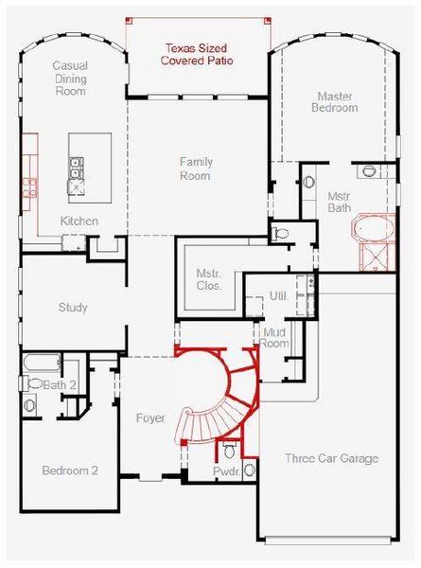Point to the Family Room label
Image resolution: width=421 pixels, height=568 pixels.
coord(196,169)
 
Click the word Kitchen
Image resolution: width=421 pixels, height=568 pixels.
coord(79,221)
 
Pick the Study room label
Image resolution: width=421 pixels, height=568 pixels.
coord(73,308)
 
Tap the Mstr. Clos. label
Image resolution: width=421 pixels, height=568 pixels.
coord(208,279)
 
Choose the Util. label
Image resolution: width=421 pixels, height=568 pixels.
coord(278,296)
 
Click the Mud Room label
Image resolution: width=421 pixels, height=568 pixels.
coord(274,338)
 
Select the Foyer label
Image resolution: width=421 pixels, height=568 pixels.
coord(149,417)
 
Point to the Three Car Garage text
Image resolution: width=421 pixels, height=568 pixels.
coord(331,459)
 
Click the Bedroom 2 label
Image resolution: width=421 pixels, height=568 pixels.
coord(69,470)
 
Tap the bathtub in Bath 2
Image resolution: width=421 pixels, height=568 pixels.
coord(42,362)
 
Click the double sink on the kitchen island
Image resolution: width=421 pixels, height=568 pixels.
coord(76,169)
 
